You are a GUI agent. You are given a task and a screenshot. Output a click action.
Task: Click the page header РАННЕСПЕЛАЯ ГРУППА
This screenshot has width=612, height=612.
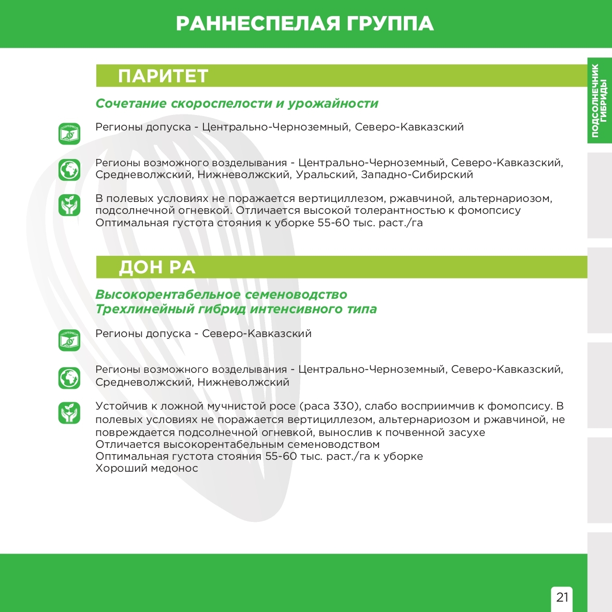click(x=305, y=24)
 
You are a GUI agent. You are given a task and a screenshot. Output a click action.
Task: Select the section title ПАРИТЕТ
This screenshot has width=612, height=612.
click(x=163, y=76)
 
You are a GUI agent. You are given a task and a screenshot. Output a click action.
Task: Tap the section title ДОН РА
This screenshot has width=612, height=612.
click(x=157, y=267)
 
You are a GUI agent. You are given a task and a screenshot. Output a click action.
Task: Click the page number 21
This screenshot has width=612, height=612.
click(x=562, y=597)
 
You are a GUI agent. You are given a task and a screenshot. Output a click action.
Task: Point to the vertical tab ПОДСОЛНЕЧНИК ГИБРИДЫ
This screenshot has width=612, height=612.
click(x=599, y=100)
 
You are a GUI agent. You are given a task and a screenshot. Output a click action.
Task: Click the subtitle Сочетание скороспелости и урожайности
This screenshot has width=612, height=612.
click(x=237, y=103)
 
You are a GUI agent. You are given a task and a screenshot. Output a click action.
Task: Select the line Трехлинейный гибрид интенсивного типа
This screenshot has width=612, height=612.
click(x=236, y=309)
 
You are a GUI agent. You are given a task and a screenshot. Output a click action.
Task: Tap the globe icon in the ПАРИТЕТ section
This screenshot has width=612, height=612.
click(x=69, y=169)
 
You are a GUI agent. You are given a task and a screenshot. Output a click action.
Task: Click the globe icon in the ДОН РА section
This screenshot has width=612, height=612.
click(x=69, y=378)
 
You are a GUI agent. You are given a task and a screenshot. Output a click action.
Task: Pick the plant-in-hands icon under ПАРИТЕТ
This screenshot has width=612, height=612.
click(x=69, y=205)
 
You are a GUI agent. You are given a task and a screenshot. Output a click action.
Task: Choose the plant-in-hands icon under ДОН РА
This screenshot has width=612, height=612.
click(x=69, y=413)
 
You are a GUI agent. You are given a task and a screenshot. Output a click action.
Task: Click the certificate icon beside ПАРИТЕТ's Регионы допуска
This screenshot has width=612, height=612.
click(x=69, y=134)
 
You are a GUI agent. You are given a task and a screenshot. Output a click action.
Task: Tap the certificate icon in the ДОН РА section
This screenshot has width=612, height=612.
click(x=69, y=340)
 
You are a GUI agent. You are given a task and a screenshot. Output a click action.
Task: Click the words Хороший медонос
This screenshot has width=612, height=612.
click(x=147, y=468)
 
